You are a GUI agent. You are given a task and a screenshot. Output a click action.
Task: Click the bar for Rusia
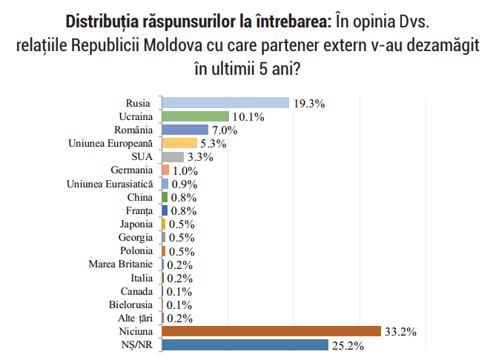coord(225,103)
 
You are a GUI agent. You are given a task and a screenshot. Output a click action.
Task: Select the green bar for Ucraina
coord(195,116)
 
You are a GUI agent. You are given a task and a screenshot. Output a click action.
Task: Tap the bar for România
coord(185,130)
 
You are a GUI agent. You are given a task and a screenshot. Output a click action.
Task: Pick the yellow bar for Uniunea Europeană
coord(179,143)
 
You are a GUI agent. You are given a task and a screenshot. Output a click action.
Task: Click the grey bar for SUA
coord(173,157)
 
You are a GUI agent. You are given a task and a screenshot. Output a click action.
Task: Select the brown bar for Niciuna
coord(271,331)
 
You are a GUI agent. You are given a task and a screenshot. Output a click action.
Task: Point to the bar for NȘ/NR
coord(245,344)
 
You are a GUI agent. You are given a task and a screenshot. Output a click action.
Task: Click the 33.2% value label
coord(400,332)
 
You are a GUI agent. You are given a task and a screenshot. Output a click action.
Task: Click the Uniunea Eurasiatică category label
coord(110,184)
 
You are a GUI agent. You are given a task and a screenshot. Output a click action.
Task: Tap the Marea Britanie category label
coord(120,264)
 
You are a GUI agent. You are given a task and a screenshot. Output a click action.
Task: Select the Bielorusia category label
coord(130,304)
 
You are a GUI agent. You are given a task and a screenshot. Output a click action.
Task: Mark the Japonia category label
coord(136,224)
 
